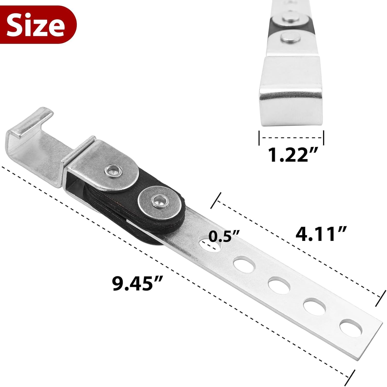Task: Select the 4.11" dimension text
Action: pyautogui.click(x=321, y=234)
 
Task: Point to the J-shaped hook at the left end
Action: pyautogui.click(x=31, y=129)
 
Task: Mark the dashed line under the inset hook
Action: pyautogui.click(x=291, y=138)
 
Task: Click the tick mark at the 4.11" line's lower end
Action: pyautogui.click(x=379, y=299)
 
